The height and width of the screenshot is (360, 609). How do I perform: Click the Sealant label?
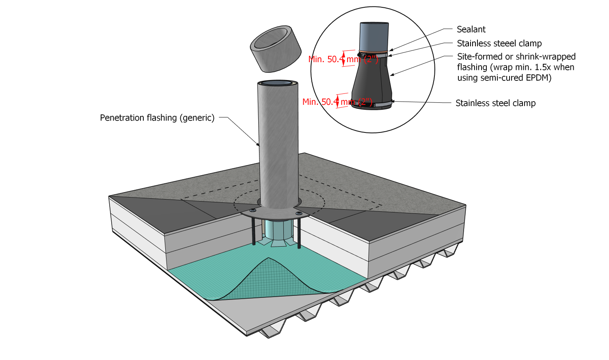coord(471,29)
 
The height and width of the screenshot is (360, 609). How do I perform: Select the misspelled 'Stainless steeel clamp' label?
coord(499,43)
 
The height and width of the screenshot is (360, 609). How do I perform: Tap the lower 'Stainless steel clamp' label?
coord(495,103)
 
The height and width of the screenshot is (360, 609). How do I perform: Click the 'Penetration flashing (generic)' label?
coord(157,118)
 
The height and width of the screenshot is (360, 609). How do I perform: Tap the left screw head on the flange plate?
coord(253,210)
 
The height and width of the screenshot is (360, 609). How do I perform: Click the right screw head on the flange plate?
coord(299,213)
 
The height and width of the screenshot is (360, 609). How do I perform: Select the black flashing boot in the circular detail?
coord(371,81)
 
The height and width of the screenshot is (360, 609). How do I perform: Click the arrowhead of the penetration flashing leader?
coord(258,145)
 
